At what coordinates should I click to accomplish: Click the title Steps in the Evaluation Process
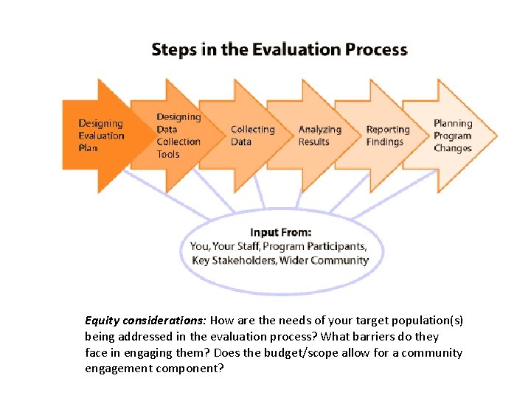279,50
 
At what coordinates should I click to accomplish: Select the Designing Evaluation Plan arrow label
101,136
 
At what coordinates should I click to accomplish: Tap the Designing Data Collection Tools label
178,136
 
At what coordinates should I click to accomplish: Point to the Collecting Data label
252,136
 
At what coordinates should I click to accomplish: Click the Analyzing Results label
319,136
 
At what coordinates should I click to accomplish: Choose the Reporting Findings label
387,136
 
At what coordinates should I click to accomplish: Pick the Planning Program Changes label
453,136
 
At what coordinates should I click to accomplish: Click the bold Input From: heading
280,232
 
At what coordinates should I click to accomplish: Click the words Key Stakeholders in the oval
232,260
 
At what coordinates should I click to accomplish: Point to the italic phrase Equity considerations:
147,321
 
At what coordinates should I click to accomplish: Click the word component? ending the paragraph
194,368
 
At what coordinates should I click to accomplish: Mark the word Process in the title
375,50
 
